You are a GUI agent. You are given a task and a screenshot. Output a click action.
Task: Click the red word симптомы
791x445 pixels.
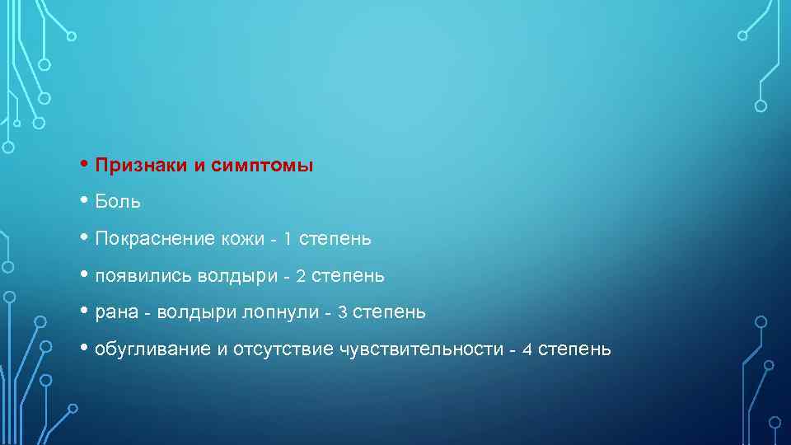pyautogui.click(x=261, y=165)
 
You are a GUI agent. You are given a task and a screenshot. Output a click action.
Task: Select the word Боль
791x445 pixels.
pyautogui.click(x=118, y=202)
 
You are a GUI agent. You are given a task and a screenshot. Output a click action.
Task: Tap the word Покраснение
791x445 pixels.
pyautogui.click(x=155, y=239)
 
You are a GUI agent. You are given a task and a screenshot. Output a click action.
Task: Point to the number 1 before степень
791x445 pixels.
pyautogui.click(x=287, y=239)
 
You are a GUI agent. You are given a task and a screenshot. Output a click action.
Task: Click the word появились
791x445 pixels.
pyautogui.click(x=143, y=276)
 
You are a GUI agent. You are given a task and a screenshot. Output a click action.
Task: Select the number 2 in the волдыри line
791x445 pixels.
pyautogui.click(x=301, y=276)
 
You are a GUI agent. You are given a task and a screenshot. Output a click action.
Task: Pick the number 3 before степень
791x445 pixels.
pyautogui.click(x=342, y=312)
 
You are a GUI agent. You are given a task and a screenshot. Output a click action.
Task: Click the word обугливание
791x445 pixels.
pyautogui.click(x=153, y=349)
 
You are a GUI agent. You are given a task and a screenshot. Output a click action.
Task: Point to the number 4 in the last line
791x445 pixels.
pyautogui.click(x=527, y=349)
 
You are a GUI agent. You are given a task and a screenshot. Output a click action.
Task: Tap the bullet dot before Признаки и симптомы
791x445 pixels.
pyautogui.click(x=87, y=165)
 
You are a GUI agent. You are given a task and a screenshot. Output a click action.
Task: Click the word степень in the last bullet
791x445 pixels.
pyautogui.click(x=574, y=349)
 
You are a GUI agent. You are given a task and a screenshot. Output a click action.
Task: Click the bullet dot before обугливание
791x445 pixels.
pyautogui.click(x=87, y=349)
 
